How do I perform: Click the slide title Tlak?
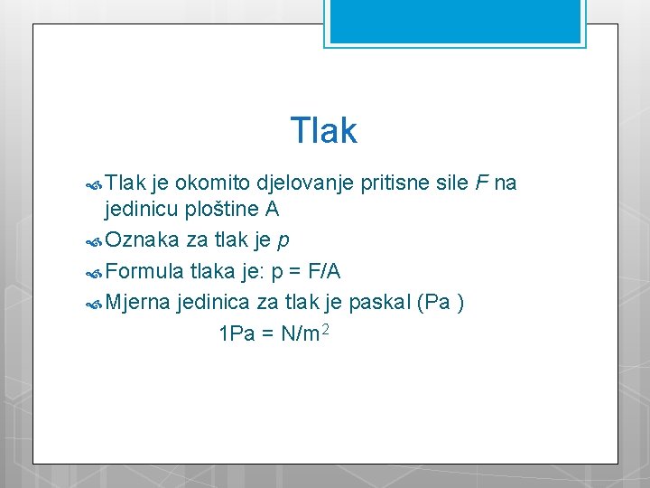click(x=324, y=131)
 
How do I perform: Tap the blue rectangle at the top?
click(x=455, y=21)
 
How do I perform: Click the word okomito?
click(x=213, y=183)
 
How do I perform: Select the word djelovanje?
click(x=305, y=183)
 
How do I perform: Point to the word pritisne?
click(x=393, y=183)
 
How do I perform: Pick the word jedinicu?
click(x=141, y=211)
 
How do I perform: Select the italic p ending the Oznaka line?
click(x=283, y=243)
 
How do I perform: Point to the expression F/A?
click(x=321, y=271)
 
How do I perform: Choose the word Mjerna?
click(x=138, y=301)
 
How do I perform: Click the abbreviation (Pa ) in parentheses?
click(x=441, y=302)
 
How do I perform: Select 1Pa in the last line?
click(x=237, y=333)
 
